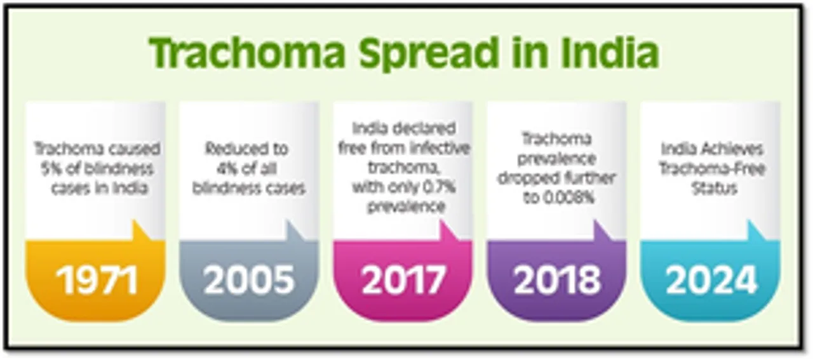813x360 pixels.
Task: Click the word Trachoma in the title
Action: pos(247,53)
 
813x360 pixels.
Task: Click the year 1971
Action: pos(97,280)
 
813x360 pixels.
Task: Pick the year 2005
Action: pos(249,280)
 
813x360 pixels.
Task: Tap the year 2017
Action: pos(403,280)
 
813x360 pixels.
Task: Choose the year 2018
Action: pos(557,280)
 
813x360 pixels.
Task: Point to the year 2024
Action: pos(711,280)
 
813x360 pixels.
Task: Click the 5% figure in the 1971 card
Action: pos(51,169)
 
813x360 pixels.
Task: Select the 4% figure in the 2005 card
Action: pos(227,169)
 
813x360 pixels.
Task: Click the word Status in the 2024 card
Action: pos(715,189)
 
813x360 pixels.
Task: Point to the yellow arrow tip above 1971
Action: pos(134,220)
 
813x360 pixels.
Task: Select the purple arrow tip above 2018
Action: pos(596,220)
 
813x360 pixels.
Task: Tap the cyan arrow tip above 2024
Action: pos(750,220)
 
